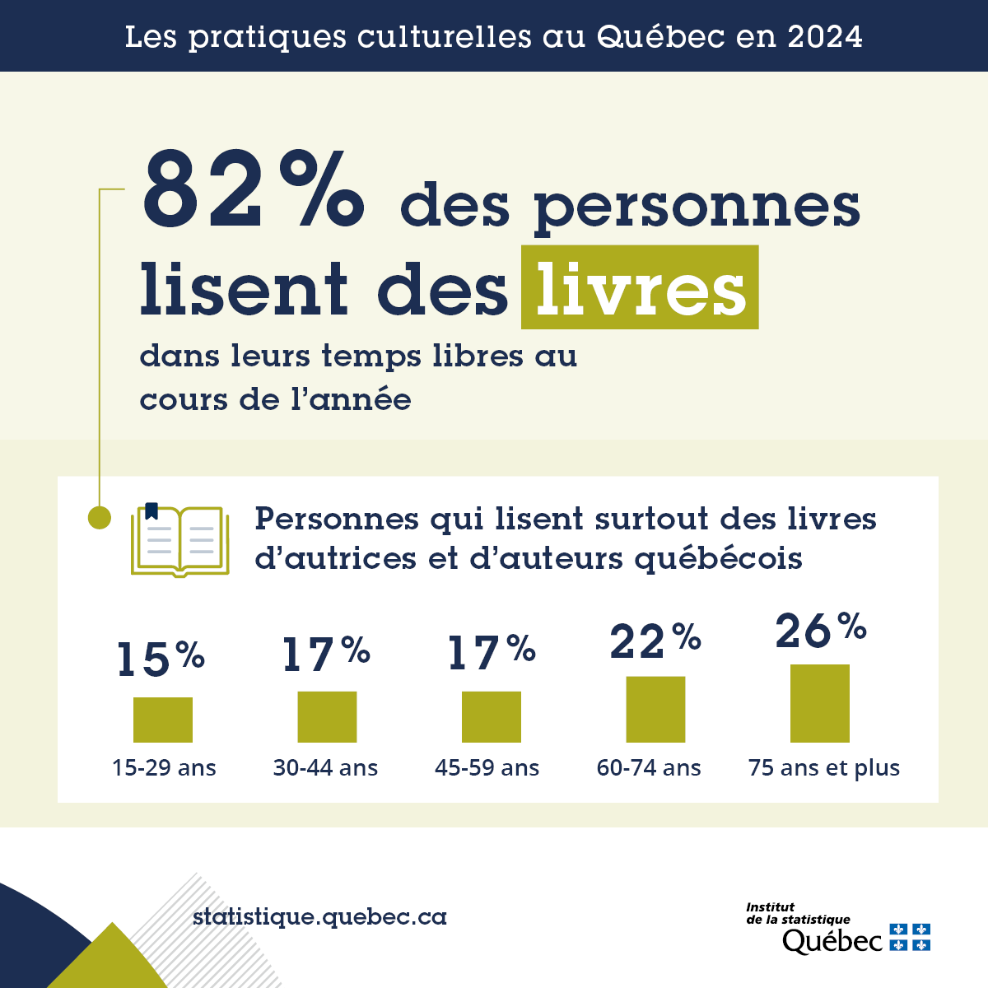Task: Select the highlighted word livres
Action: (x=640, y=288)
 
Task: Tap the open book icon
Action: (x=179, y=540)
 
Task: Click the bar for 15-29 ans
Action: (x=163, y=720)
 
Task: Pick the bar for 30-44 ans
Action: (x=327, y=716)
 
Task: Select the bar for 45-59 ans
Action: (x=491, y=716)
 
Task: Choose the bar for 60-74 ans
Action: (x=655, y=709)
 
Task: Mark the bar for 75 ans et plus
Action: (x=819, y=703)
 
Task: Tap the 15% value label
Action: (x=161, y=659)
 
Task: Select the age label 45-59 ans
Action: (x=487, y=768)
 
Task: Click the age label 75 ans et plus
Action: (x=823, y=768)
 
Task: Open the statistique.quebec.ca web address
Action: (x=319, y=916)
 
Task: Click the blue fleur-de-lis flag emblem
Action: (x=910, y=937)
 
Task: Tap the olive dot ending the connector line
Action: (x=100, y=518)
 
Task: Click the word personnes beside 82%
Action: (x=697, y=207)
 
